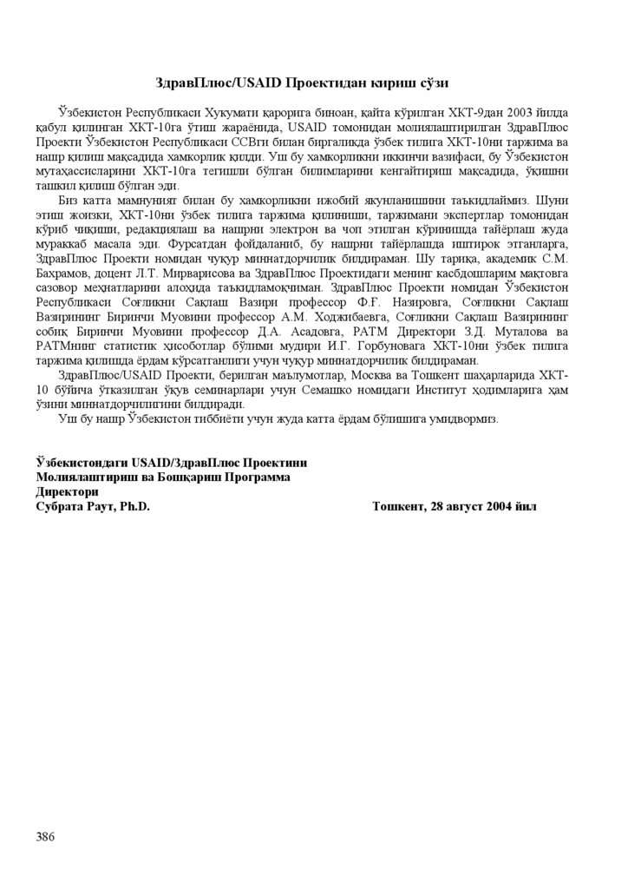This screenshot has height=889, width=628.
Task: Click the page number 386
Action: pyautogui.click(x=46, y=836)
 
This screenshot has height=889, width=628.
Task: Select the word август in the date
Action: pyautogui.click(x=472, y=506)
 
